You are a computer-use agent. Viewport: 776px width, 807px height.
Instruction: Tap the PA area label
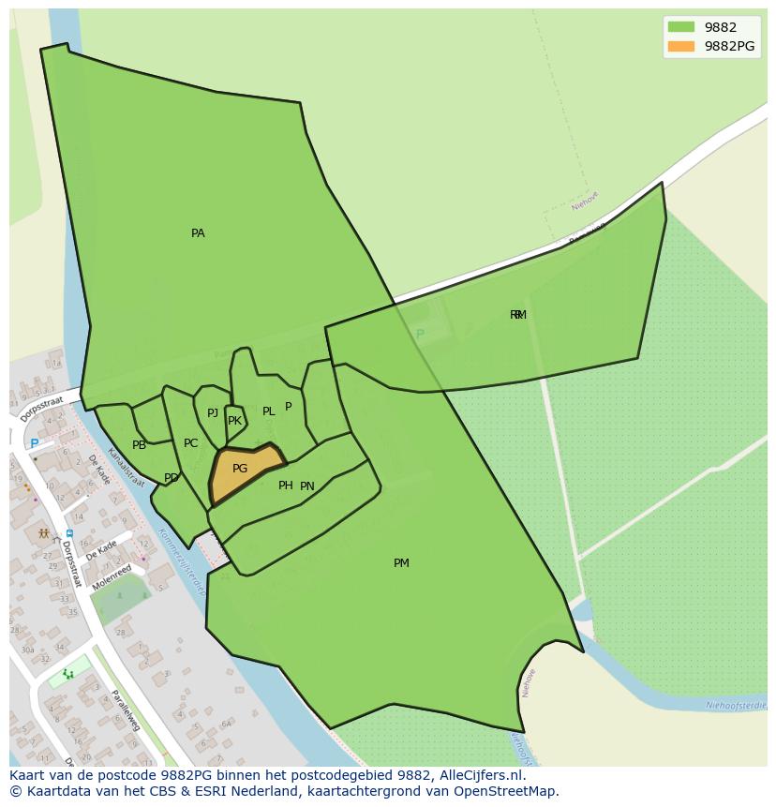pyautogui.click(x=198, y=233)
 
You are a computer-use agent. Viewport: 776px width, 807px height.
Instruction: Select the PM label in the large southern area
pyautogui.click(x=401, y=563)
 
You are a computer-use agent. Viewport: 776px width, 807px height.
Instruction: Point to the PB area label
pyautogui.click(x=139, y=445)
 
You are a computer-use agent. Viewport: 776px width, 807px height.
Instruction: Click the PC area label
pyautogui.click(x=190, y=443)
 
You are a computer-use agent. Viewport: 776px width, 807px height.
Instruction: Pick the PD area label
pyautogui.click(x=172, y=478)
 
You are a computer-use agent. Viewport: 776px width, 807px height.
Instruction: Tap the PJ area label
pyautogui.click(x=213, y=413)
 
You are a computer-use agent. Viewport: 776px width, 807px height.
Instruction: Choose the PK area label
pyautogui.click(x=234, y=421)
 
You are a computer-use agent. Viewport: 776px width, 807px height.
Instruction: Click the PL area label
pyautogui.click(x=269, y=411)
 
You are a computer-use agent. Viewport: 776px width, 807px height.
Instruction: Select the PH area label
pyautogui.click(x=286, y=486)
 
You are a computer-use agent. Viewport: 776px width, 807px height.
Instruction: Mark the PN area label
pyautogui.click(x=307, y=486)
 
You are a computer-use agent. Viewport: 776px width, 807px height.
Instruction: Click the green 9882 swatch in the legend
pyautogui.click(x=681, y=27)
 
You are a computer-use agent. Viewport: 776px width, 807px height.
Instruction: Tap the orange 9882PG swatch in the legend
pyautogui.click(x=681, y=46)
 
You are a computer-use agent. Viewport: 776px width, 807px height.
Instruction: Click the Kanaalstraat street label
pyautogui.click(x=126, y=467)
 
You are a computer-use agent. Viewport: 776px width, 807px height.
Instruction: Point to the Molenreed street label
pyautogui.click(x=112, y=576)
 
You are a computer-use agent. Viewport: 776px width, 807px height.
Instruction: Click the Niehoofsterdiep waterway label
pyautogui.click(x=737, y=705)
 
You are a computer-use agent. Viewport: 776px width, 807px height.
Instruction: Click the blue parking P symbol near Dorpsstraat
pyautogui.click(x=35, y=443)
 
